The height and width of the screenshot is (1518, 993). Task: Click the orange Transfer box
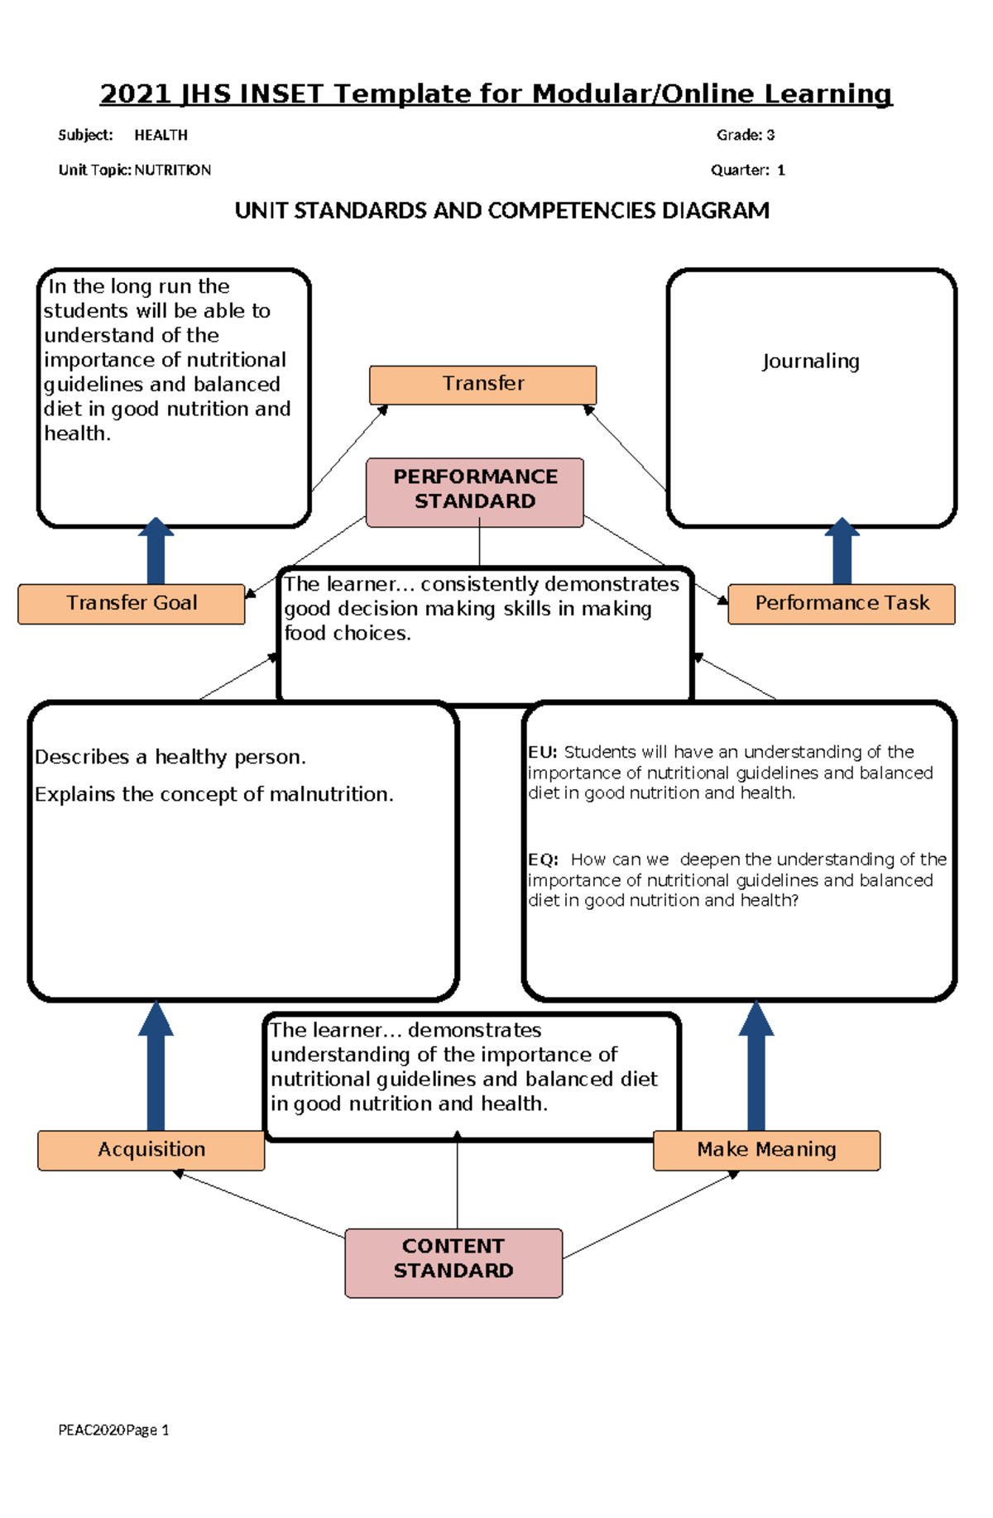pyautogui.click(x=482, y=385)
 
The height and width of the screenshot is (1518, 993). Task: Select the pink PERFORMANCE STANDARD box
pyautogui.click(x=475, y=491)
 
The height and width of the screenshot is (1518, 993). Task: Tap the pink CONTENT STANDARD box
pyautogui.click(x=453, y=1262)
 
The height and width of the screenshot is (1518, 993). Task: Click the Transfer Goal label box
pyautogui.click(x=132, y=604)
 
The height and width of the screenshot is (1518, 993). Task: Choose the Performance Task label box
pyautogui.click(x=842, y=604)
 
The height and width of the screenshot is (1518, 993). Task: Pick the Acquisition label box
pyautogui.click(x=151, y=1150)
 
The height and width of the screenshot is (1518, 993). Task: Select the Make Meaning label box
pyautogui.click(x=766, y=1150)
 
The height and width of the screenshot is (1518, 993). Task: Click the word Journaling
pyautogui.click(x=810, y=362)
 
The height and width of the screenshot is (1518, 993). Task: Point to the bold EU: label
pyautogui.click(x=543, y=752)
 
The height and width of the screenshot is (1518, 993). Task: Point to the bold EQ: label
pyautogui.click(x=543, y=860)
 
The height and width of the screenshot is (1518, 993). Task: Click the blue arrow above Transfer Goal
pyautogui.click(x=156, y=553)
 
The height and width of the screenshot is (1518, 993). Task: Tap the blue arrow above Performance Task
pyautogui.click(x=842, y=553)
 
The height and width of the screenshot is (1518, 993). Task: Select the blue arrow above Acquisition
pyautogui.click(x=156, y=1067)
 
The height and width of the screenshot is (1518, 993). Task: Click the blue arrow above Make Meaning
pyautogui.click(x=756, y=1067)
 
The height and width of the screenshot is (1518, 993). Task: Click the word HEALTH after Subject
pyautogui.click(x=161, y=135)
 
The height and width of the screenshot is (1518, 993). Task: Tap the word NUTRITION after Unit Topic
pyautogui.click(x=172, y=170)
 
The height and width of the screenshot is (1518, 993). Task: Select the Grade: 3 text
pyautogui.click(x=745, y=135)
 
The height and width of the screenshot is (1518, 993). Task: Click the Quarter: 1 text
pyautogui.click(x=747, y=170)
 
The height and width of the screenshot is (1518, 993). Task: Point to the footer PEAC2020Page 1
pyautogui.click(x=113, y=1429)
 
